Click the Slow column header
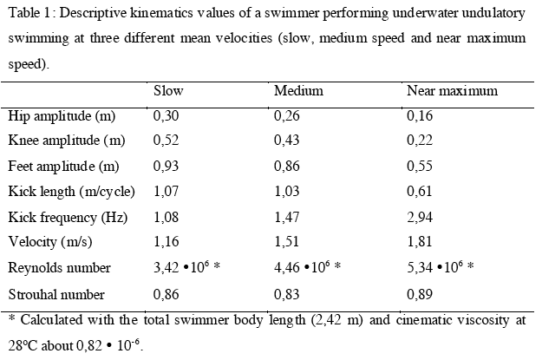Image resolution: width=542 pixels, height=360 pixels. (x=168, y=91)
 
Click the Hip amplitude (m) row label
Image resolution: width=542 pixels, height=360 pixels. (x=62, y=115)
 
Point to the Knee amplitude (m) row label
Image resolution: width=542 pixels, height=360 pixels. (x=66, y=140)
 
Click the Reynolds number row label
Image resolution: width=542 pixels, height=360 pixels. (x=59, y=268)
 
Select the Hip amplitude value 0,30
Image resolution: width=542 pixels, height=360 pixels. (x=165, y=115)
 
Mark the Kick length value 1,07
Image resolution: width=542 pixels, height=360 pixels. (x=165, y=191)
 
